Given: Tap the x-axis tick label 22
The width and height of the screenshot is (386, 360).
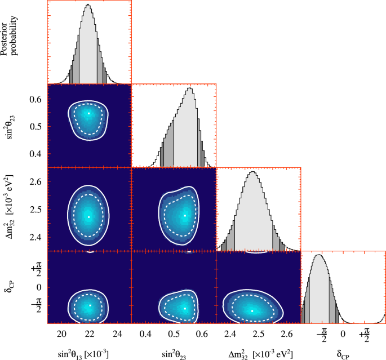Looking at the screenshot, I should click(x=89, y=333).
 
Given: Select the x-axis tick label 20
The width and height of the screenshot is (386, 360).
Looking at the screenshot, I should click(x=62, y=333).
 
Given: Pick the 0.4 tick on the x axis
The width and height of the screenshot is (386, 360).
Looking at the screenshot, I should click(x=145, y=333).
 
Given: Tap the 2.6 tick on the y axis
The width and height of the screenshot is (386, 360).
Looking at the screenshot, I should click(x=36, y=181).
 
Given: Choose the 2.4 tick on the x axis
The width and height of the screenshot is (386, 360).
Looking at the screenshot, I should click(x=230, y=333).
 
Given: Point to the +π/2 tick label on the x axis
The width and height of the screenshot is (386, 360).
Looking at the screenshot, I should click(x=364, y=335).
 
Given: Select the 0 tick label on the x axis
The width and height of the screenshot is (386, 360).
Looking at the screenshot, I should click(x=343, y=333).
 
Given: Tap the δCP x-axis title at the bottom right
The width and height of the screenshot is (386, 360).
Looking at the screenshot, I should click(x=343, y=353).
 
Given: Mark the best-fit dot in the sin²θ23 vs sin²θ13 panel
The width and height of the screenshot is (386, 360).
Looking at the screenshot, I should click(x=88, y=113).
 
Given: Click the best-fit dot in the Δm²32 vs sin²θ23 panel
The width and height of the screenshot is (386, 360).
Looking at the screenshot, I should click(x=184, y=215).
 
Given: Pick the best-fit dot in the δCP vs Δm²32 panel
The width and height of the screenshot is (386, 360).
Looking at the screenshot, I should click(x=252, y=310).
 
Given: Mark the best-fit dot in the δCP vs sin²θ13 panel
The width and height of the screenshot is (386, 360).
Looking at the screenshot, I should click(x=90, y=306).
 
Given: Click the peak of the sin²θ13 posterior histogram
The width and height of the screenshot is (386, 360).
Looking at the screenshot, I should click(x=88, y=5).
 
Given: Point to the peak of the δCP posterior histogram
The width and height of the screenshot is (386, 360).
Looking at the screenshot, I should click(x=319, y=255).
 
